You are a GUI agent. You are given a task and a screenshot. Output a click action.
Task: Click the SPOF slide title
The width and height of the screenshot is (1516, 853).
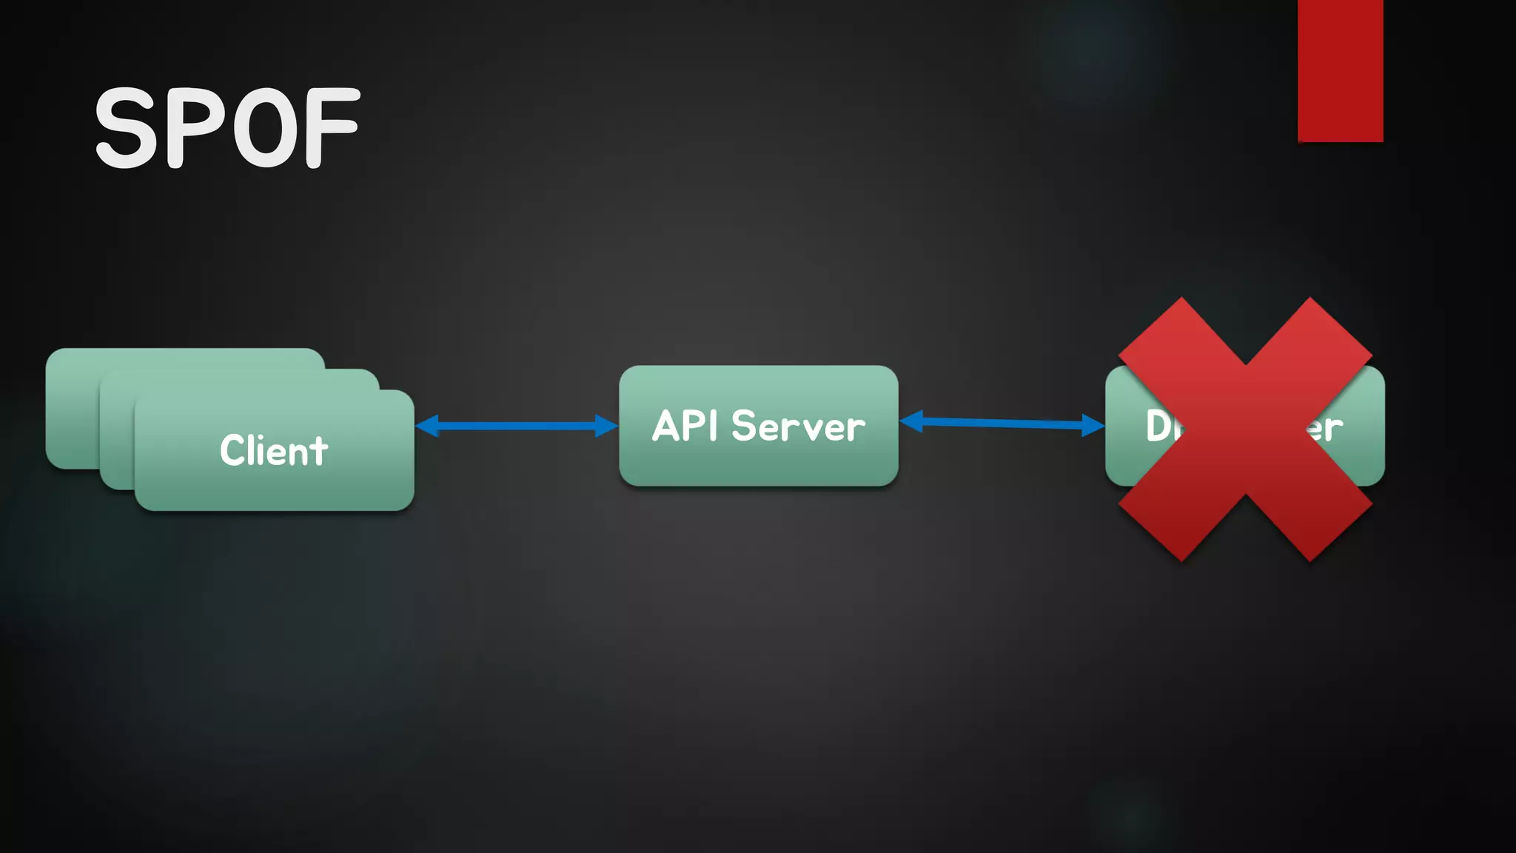[x=227, y=127]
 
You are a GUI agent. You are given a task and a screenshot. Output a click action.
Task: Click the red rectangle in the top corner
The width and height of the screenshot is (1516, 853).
[x=1340, y=70]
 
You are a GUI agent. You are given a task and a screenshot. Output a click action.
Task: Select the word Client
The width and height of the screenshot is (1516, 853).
[x=273, y=450]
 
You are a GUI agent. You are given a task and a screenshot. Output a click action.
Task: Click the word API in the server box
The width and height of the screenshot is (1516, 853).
[x=685, y=426]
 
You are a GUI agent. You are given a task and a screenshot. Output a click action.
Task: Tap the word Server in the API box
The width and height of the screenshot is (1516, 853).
[x=798, y=426]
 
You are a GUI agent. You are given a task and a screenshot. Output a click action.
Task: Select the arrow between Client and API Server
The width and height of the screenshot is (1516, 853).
[x=516, y=426]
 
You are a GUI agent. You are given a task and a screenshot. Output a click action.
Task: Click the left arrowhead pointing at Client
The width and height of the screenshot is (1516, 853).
[x=428, y=426]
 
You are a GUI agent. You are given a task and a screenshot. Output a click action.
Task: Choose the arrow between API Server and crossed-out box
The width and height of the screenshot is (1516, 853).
[x=1002, y=423]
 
